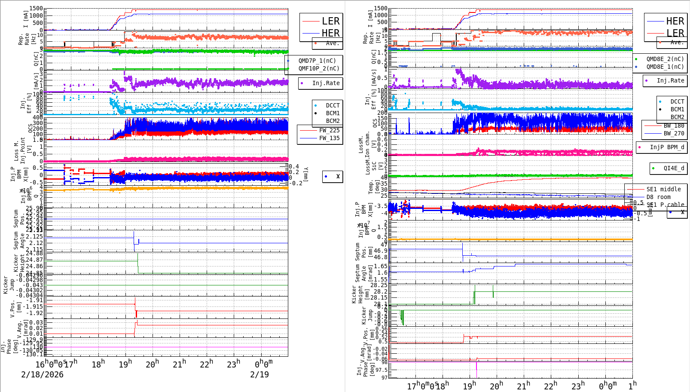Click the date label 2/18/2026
(42, 374)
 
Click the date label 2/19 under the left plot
(260, 374)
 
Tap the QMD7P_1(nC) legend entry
(317, 61)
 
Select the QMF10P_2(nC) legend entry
(319, 68)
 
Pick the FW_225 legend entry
(329, 130)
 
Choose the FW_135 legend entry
(329, 138)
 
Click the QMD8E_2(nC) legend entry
(665, 59)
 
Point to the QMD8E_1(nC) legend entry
(665, 67)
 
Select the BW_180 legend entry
(674, 126)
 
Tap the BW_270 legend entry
(674, 133)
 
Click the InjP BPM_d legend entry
(667, 147)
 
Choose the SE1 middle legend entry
(663, 189)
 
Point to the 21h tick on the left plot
(180, 364)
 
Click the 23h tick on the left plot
(233, 364)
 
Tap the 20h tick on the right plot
(496, 386)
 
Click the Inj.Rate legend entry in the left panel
(326, 83)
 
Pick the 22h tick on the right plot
(550, 386)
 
